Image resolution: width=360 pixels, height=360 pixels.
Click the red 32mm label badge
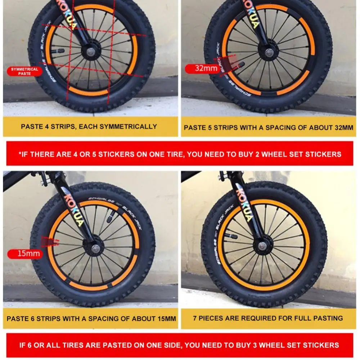(201, 68)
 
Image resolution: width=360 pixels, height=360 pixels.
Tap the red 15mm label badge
(25, 253)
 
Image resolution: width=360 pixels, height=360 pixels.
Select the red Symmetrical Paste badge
(24, 71)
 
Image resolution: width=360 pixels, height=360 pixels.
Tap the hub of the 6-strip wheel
(95, 248)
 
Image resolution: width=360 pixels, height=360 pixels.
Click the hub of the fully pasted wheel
(262, 246)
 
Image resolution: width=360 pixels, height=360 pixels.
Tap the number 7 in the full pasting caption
(195, 318)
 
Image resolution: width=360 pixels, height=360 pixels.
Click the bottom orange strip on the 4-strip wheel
(89, 92)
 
